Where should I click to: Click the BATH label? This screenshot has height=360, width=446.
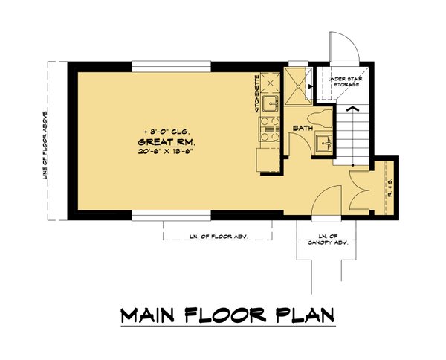click(301, 129)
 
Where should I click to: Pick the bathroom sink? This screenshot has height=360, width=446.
click(321, 144)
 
